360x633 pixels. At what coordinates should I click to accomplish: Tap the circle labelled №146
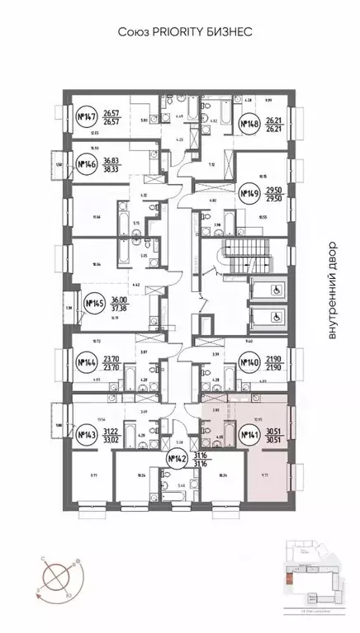83,163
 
